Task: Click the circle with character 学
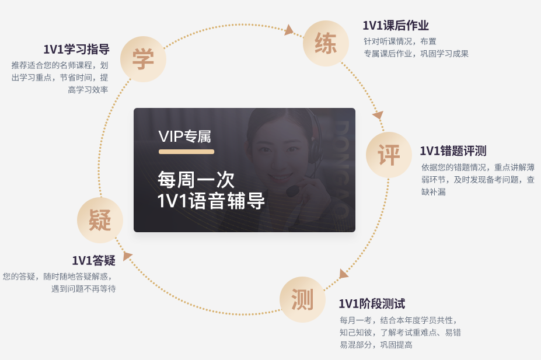click(143, 60)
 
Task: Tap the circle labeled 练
click(326, 43)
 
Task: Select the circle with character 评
click(389, 155)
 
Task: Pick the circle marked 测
click(302, 299)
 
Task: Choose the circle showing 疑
click(100, 220)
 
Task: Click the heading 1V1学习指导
click(76, 49)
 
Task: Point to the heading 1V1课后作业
click(396, 26)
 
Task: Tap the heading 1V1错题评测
click(453, 151)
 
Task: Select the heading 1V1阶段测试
click(372, 304)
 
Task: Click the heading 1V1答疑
click(93, 261)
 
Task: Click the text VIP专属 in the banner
click(184, 137)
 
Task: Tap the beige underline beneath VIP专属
click(186, 152)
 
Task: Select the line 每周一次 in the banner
click(196, 180)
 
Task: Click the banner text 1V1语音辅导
click(211, 201)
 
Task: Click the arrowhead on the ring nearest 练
click(289, 30)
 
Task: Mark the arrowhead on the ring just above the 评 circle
click(378, 114)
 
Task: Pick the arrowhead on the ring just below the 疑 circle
click(127, 256)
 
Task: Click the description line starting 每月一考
click(397, 320)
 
